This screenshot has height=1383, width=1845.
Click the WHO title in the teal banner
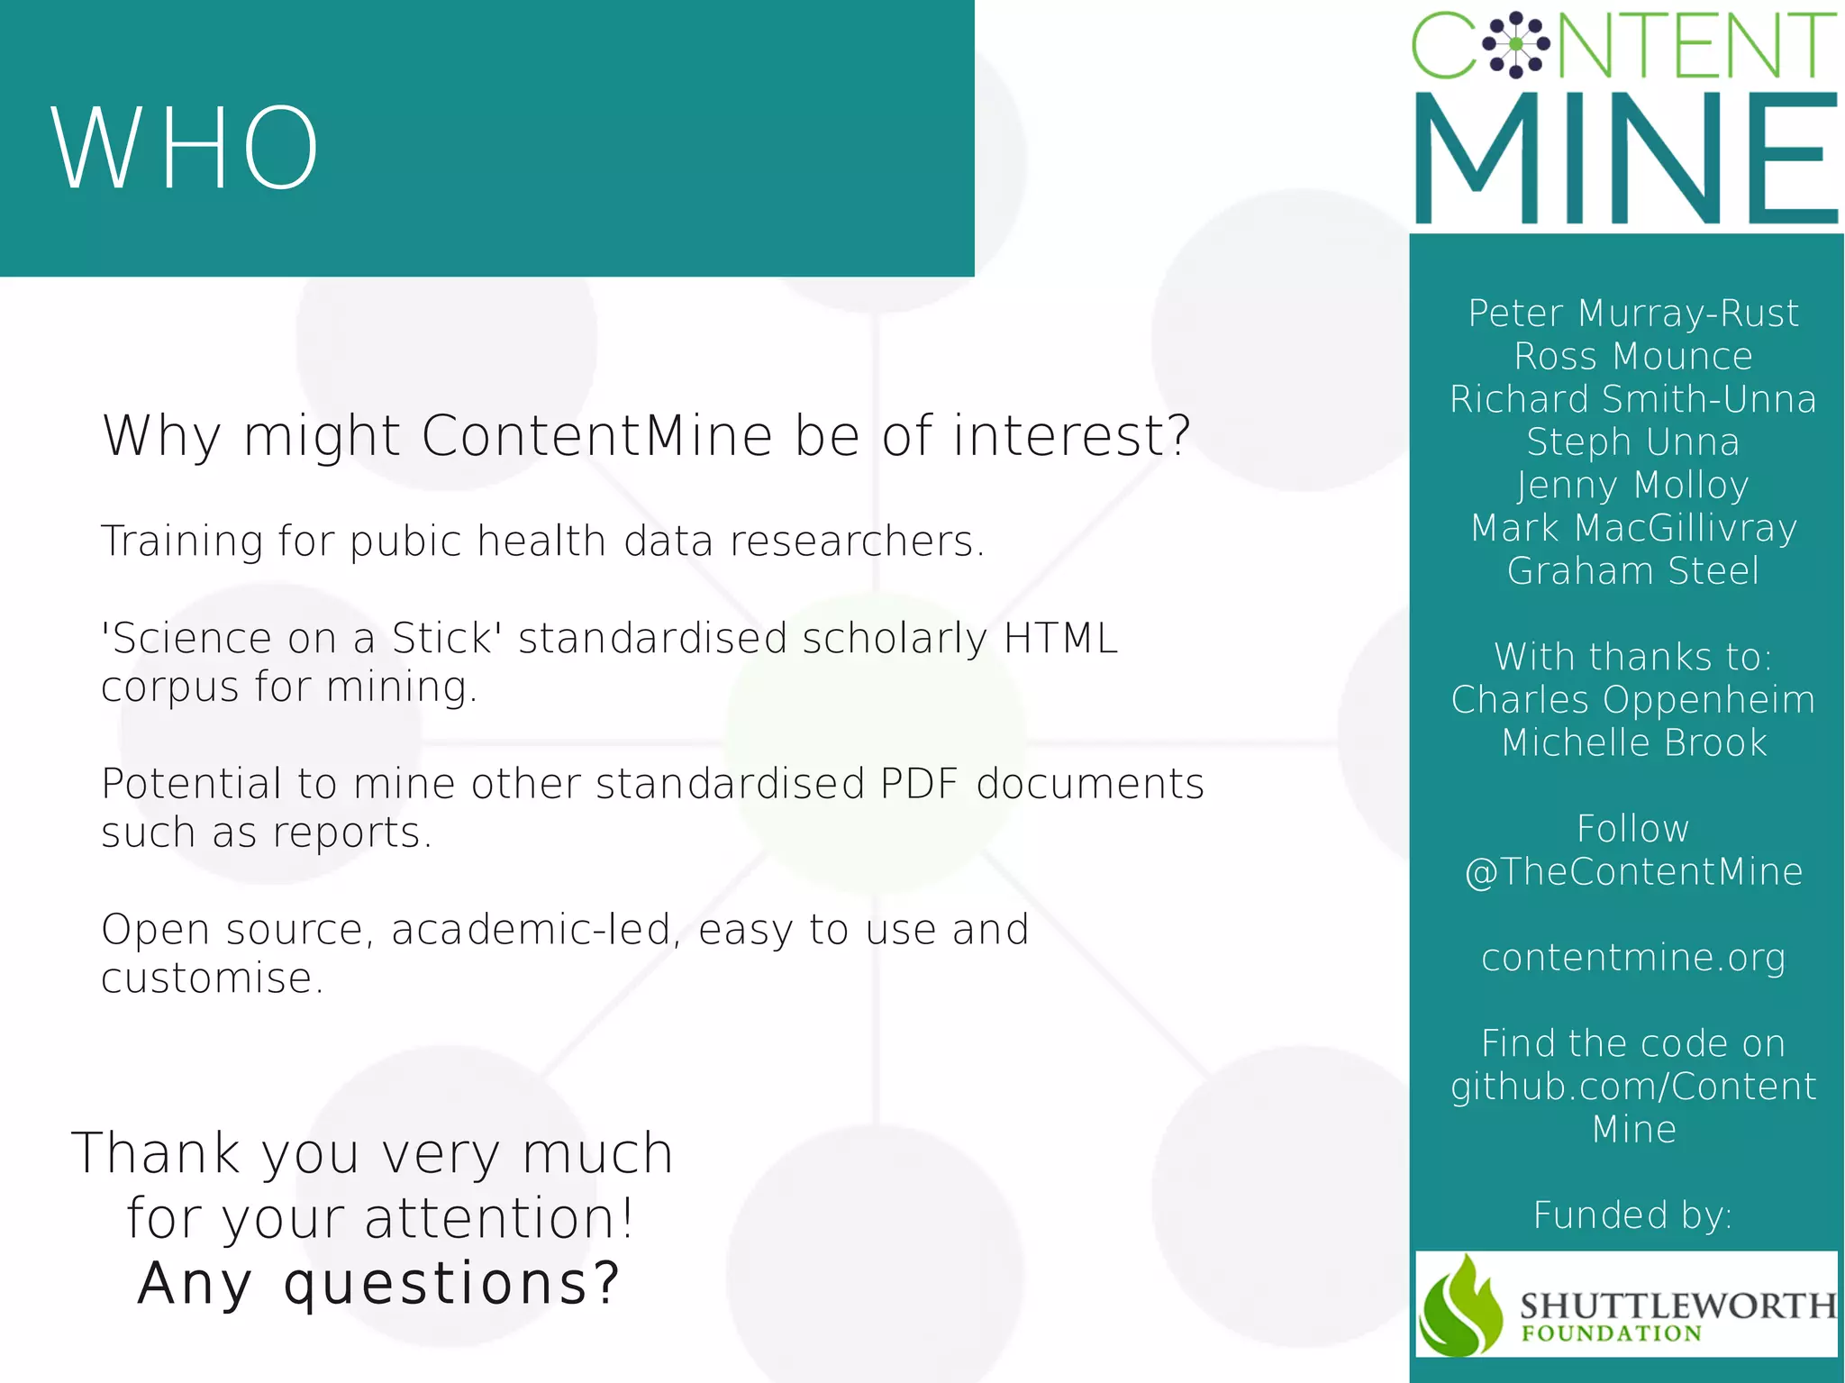pos(185,149)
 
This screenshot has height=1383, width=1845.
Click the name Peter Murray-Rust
pos(1632,314)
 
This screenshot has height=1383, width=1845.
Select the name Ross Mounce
pos(1632,357)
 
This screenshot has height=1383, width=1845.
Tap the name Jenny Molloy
pos(1632,486)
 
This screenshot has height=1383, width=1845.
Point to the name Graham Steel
pos(1632,571)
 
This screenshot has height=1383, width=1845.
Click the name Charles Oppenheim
pos(1632,700)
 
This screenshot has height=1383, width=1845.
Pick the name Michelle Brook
pos(1632,743)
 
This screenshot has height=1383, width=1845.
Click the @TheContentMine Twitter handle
pos(1632,872)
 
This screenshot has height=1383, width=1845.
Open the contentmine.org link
pos(1632,958)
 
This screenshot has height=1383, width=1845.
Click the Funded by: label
pos(1632,1215)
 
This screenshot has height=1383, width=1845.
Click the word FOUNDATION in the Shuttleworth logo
pos(1611,1333)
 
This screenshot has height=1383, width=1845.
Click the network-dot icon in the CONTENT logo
pos(1516,44)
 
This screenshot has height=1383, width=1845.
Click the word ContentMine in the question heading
pos(596,436)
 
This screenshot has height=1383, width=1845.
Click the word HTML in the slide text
pos(1060,639)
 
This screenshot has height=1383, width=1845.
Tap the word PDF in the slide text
pos(918,784)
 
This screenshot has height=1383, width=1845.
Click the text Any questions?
pos(378,1283)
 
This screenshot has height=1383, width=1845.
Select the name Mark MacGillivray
pos(1632,529)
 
